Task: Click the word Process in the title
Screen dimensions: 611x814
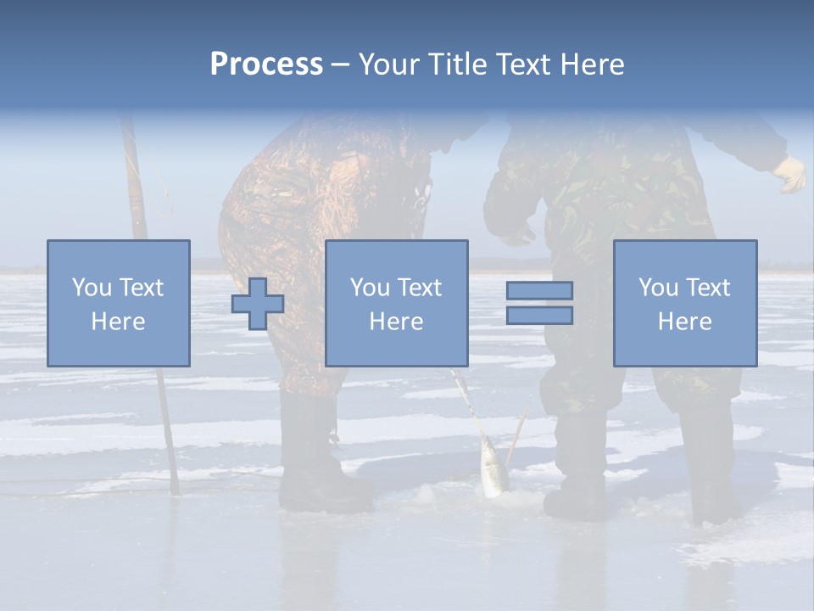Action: pos(266,64)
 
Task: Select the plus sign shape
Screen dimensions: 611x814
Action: pos(258,303)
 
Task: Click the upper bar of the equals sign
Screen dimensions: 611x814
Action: pos(539,290)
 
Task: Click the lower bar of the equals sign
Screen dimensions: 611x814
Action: pos(539,316)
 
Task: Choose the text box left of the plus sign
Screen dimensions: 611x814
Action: pos(119,303)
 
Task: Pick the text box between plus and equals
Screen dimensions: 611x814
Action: pos(396,303)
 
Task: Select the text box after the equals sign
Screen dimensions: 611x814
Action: pos(684,303)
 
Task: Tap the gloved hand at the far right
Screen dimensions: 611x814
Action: pos(790,175)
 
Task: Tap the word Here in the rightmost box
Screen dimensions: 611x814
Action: pos(684,322)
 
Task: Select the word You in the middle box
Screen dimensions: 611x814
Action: pos(370,288)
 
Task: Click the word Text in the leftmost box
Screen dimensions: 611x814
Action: pos(141,288)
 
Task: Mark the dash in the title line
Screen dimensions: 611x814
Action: pos(339,64)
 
